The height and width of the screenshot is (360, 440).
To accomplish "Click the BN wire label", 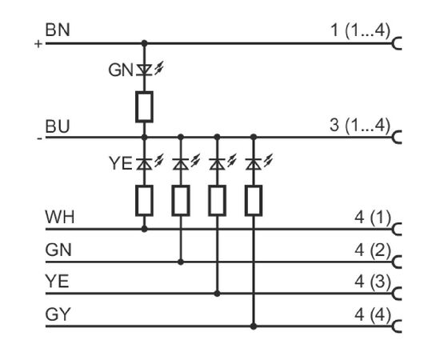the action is click(x=58, y=30).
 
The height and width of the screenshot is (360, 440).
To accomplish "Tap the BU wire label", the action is click(x=58, y=126).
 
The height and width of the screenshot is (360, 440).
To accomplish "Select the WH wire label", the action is click(x=60, y=217).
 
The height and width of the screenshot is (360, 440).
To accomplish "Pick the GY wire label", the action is click(x=58, y=314).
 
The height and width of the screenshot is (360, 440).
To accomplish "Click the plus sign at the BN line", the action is click(x=38, y=44).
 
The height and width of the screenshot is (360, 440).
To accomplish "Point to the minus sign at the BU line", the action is click(x=40, y=138).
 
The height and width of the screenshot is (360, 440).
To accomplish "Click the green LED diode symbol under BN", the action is click(x=144, y=70).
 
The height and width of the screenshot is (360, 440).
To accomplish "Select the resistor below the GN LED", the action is click(x=144, y=107).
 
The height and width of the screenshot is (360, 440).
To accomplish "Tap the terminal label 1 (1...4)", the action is click(x=361, y=30).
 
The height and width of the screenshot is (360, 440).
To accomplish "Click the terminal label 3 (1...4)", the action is click(x=360, y=125).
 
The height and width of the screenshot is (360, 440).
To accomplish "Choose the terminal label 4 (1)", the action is click(x=373, y=218).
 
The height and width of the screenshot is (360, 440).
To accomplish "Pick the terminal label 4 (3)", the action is click(x=373, y=282).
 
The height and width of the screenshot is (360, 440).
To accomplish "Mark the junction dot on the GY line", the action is click(x=254, y=326).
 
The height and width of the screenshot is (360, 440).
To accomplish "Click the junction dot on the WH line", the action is click(x=144, y=230).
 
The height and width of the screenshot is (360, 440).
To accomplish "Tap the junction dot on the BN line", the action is click(x=144, y=43).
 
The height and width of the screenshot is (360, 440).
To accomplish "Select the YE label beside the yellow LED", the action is click(x=120, y=163).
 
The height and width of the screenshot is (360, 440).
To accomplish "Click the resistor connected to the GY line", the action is click(x=254, y=201).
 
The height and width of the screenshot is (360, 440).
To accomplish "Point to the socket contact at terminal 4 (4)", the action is click(x=397, y=326).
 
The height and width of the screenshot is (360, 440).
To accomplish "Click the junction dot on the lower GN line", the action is click(x=181, y=262).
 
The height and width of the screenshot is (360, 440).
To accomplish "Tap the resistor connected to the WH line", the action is click(x=144, y=201).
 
